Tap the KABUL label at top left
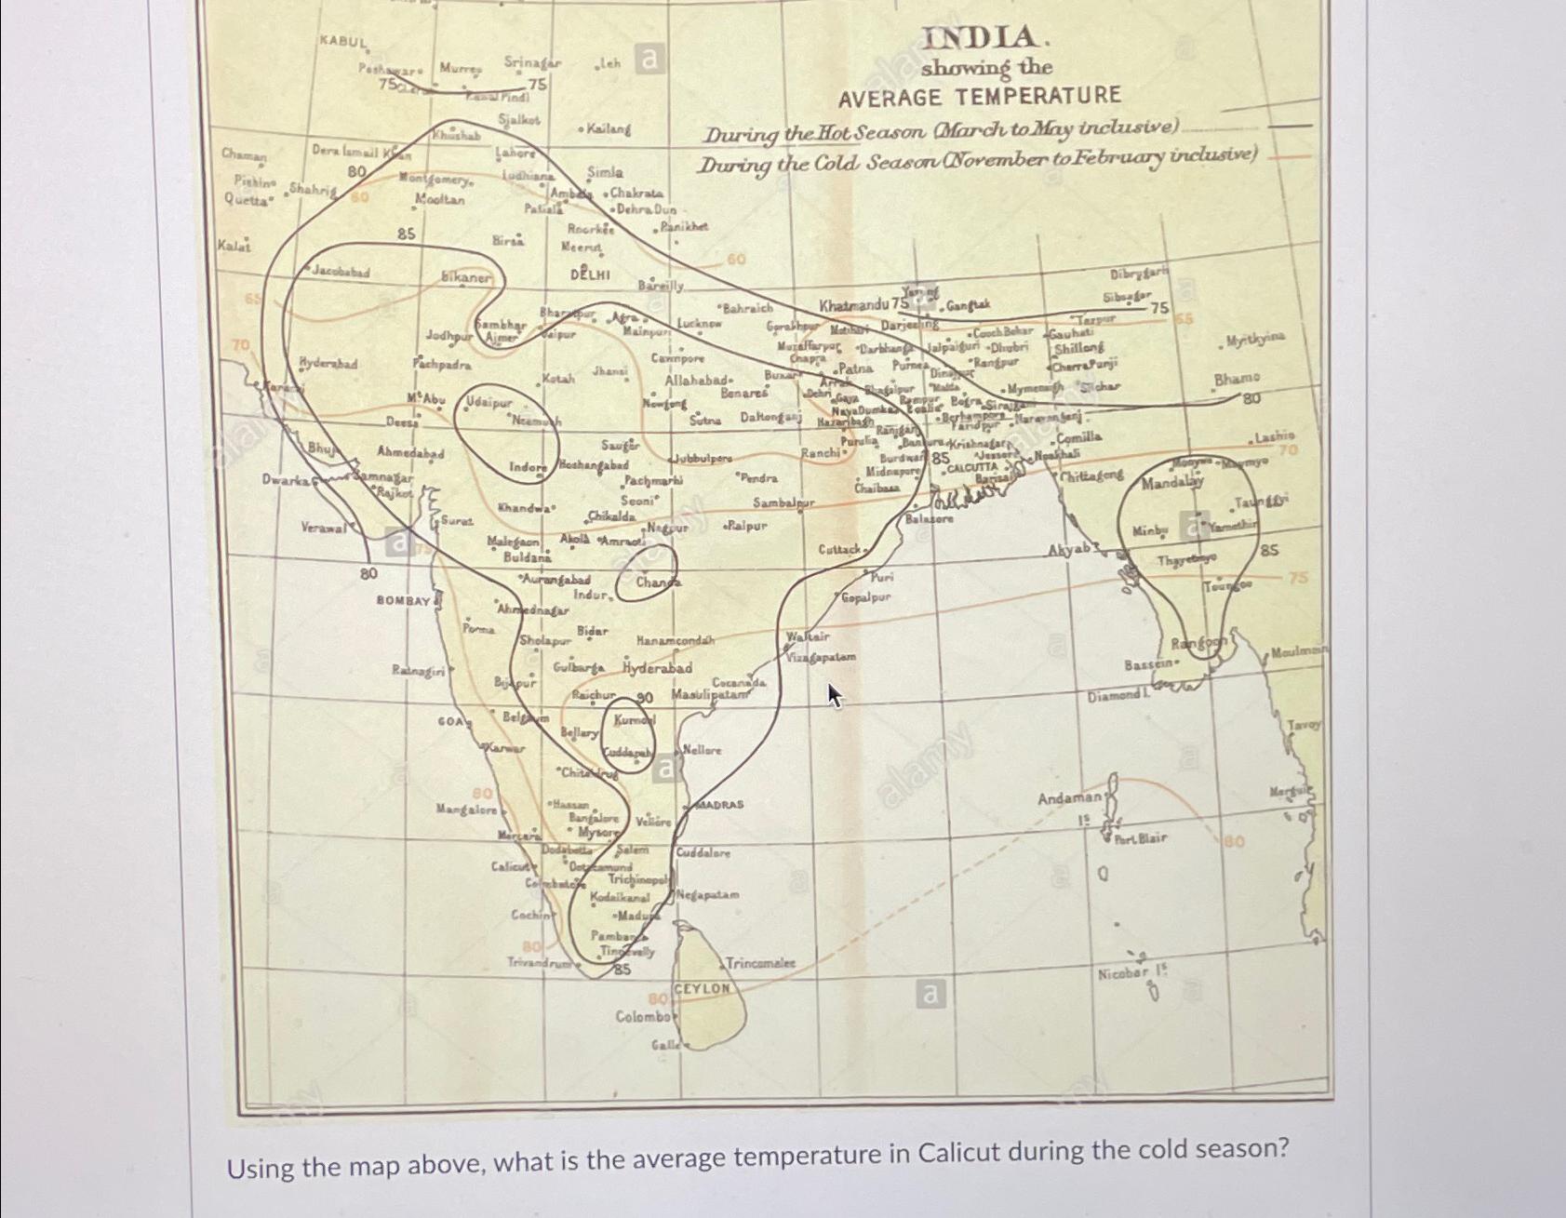(x=343, y=42)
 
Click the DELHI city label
(x=590, y=275)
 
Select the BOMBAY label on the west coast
(x=403, y=601)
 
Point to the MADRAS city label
(x=720, y=804)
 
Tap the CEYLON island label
(x=702, y=989)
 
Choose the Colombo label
(x=642, y=1016)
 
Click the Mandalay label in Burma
(x=1171, y=484)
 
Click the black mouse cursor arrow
(x=834, y=693)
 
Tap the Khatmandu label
(x=854, y=305)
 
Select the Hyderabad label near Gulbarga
(x=657, y=669)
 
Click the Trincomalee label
(x=759, y=964)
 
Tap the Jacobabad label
(x=340, y=273)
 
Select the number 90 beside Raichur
(x=644, y=697)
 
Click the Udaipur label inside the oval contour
(x=489, y=403)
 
